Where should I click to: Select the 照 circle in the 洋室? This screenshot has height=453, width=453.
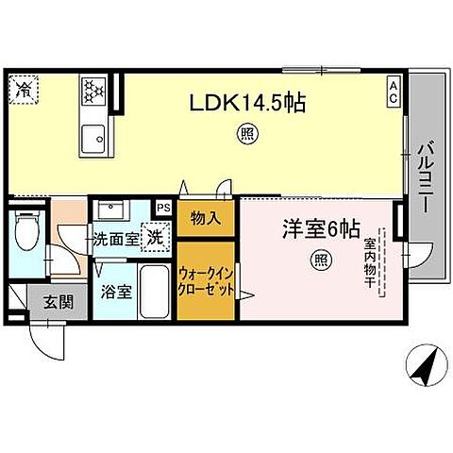321,258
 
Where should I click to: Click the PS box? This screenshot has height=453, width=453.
163,207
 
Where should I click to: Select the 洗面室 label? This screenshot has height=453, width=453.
115,239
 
